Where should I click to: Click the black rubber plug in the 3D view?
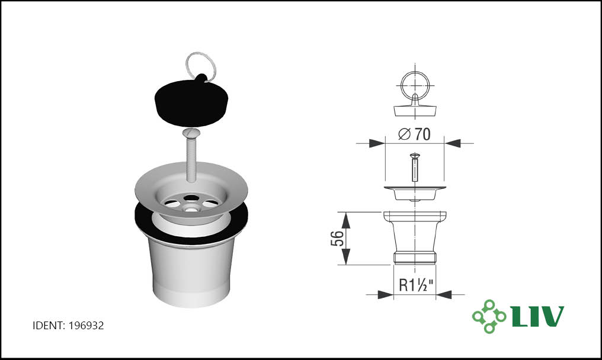[191, 104]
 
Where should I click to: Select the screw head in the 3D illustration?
[191, 133]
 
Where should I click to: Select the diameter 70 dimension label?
[414, 134]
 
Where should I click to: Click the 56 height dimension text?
[337, 238]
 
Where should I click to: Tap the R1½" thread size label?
[416, 285]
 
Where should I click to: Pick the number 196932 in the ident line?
[86, 326]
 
